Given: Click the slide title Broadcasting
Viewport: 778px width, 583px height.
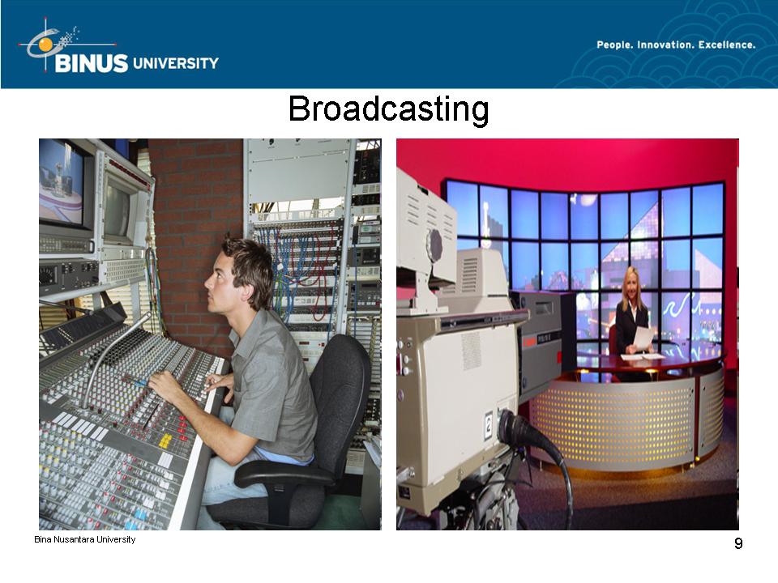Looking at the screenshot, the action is click(x=388, y=109).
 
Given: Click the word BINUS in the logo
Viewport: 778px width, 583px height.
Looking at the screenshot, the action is click(x=92, y=63).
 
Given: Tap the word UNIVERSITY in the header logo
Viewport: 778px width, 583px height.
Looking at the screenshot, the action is click(x=176, y=63).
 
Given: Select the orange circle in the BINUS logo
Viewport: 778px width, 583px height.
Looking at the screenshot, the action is click(x=45, y=45).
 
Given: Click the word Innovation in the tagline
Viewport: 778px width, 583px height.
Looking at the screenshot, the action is click(x=665, y=45).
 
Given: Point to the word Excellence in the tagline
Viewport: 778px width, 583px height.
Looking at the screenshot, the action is click(x=727, y=45).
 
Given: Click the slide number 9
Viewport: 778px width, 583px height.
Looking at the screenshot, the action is click(x=738, y=544).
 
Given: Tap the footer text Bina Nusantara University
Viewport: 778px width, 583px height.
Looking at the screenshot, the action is click(x=85, y=539).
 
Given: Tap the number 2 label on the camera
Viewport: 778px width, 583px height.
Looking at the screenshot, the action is click(x=489, y=426).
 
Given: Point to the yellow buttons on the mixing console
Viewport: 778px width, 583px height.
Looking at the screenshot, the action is click(x=165, y=440).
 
